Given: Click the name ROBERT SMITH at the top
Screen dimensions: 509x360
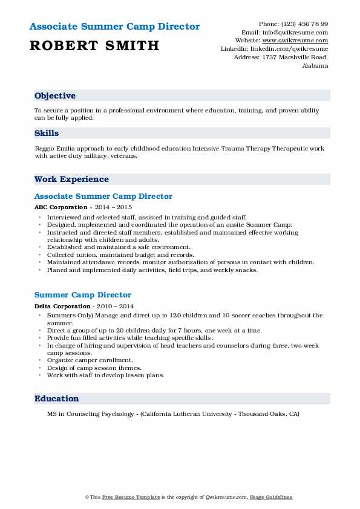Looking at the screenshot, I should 94,45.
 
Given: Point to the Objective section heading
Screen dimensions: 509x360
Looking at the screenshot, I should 55,96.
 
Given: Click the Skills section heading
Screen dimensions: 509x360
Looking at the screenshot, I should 47,133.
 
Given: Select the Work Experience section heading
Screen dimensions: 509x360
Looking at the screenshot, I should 71,179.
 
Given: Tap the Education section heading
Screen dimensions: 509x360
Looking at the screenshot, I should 57,398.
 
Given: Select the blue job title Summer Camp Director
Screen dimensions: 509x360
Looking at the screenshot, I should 83,294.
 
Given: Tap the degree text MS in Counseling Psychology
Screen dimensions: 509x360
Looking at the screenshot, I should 87,414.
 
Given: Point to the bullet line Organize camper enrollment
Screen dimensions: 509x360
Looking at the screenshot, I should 89,360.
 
